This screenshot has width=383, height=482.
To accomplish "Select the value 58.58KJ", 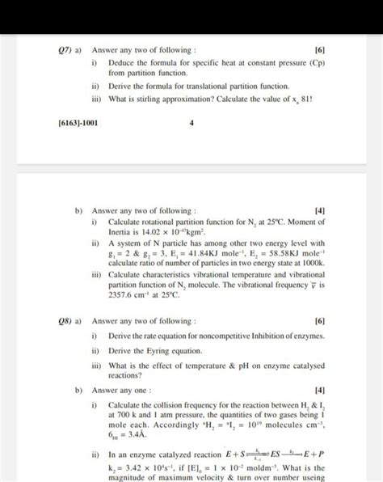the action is [288, 252].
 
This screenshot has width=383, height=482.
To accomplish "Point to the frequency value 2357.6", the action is [122, 296].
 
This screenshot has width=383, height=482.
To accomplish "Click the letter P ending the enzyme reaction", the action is [322, 455].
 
